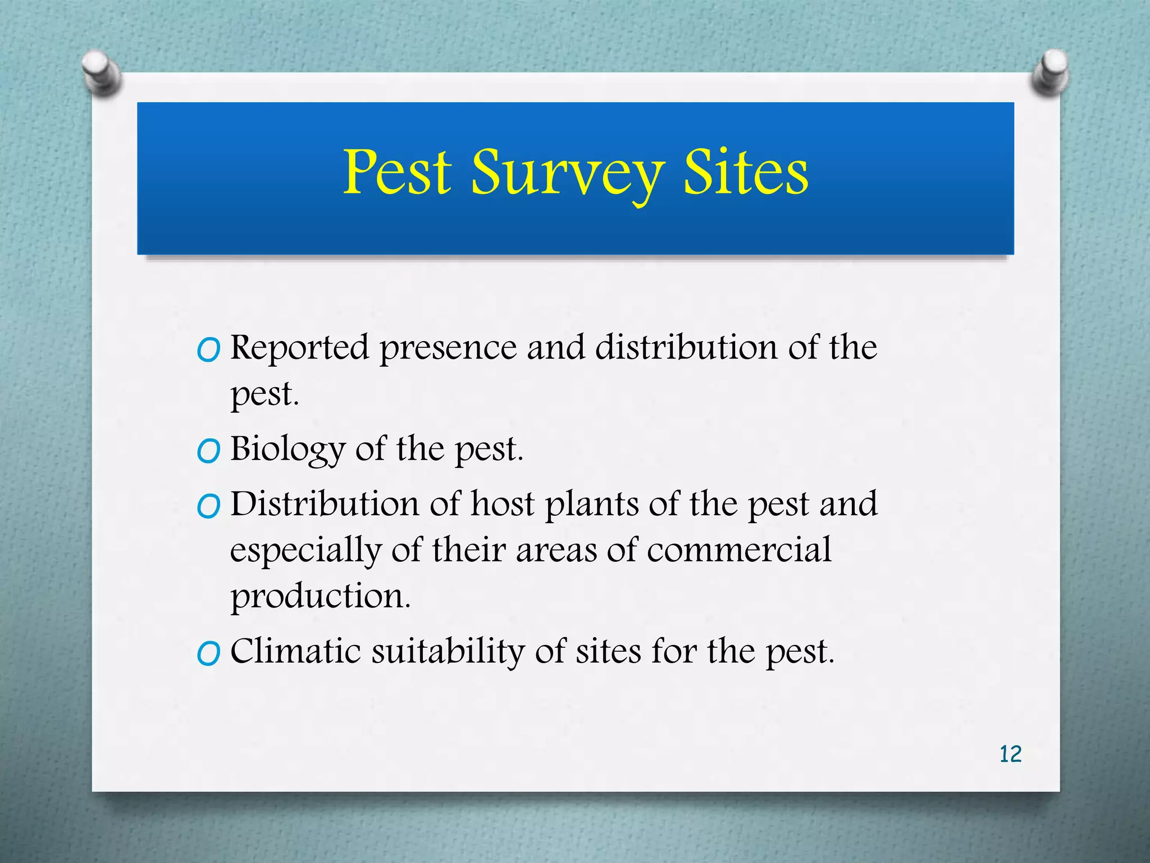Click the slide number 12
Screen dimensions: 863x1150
(x=1010, y=754)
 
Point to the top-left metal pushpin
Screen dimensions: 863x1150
(x=101, y=72)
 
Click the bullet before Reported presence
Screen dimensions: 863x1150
(x=208, y=351)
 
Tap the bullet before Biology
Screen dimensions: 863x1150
(x=208, y=452)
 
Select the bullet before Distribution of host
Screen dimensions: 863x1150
(x=208, y=507)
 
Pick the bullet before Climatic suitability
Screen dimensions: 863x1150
(x=208, y=655)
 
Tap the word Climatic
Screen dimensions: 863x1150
(x=295, y=652)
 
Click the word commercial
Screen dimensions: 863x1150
(x=738, y=550)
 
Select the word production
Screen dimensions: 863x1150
(x=321, y=597)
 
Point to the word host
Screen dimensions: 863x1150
(x=502, y=504)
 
